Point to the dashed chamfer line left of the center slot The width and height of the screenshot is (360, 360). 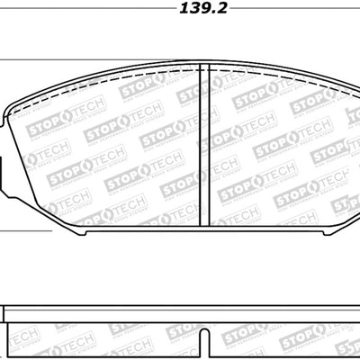196,144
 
